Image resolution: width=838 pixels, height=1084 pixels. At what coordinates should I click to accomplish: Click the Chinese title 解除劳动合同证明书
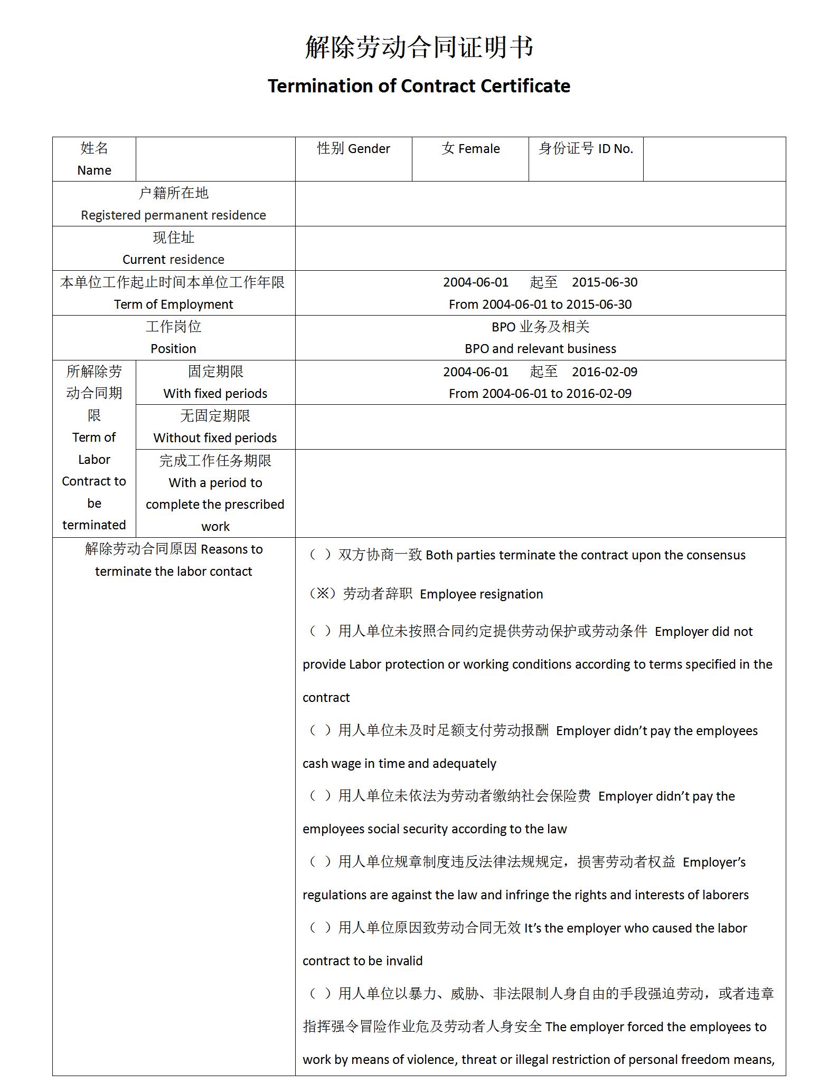point(419,47)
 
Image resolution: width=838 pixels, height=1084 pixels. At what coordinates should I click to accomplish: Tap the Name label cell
point(94,159)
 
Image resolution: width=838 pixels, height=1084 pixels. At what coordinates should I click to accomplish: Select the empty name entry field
point(215,159)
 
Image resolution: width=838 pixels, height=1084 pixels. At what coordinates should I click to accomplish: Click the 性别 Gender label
point(353,149)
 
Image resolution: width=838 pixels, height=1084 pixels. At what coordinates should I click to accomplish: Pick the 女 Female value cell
point(470,149)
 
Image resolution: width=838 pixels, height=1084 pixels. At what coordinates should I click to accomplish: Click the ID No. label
point(586,149)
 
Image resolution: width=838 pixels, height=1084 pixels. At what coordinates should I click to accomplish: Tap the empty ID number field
point(714,159)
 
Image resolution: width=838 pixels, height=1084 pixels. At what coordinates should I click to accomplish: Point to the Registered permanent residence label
point(173,215)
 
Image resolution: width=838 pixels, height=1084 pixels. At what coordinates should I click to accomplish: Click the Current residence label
point(173,260)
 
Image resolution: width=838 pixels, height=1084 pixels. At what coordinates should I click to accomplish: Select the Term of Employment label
point(173,305)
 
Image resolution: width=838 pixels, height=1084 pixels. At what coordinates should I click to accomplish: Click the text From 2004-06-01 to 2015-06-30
point(540,305)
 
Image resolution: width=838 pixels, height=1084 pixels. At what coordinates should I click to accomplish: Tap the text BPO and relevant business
point(540,349)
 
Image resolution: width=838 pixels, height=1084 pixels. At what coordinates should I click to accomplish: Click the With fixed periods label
point(215,394)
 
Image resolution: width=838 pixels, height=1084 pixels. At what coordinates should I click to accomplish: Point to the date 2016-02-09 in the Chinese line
point(605,372)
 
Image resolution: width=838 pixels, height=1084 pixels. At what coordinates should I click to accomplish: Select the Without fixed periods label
point(215,438)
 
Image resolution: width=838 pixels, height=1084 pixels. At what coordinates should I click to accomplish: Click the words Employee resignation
point(481,594)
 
